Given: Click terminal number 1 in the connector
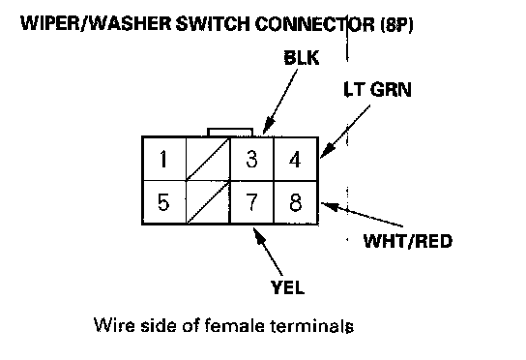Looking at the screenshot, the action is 164,159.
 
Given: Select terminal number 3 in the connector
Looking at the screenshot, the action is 252,159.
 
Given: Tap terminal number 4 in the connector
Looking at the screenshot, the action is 296,159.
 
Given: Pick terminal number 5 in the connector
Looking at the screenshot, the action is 164,202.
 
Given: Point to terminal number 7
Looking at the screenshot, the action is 252,202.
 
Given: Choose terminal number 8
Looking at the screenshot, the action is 296,202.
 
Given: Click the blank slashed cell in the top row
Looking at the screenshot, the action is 208,159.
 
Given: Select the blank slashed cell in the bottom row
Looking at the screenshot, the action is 208,202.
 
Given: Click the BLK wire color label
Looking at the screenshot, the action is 302,58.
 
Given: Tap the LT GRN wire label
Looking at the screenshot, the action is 377,89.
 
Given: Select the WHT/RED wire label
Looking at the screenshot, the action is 408,241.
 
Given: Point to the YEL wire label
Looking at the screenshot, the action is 288,287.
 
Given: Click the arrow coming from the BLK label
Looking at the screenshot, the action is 280,102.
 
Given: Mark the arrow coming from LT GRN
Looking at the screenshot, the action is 345,132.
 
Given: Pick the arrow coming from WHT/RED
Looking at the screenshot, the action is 362,215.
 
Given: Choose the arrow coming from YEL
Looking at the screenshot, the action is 268,252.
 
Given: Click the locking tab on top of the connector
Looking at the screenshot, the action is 230,132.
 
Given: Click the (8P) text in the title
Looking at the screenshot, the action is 396,24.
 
